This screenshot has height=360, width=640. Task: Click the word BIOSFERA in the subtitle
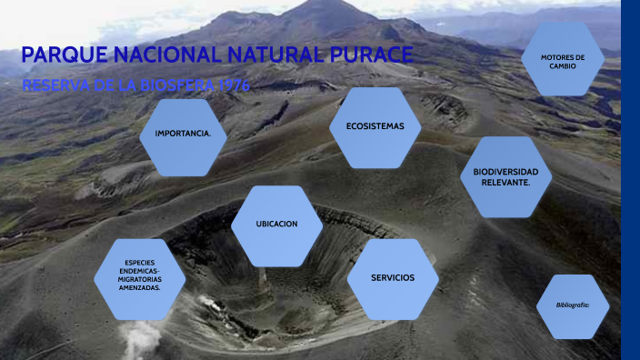169,85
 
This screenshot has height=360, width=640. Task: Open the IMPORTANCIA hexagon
184,134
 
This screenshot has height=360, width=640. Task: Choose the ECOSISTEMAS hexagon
375,126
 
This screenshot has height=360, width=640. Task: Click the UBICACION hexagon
276,224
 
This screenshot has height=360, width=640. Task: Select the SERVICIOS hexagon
393,277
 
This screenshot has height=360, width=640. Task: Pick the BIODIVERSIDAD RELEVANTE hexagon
506,177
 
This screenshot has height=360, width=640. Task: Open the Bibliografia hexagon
573,305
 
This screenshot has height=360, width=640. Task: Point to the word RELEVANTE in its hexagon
505,183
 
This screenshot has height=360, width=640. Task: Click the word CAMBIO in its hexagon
563,66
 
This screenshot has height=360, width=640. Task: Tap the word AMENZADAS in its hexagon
139,287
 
